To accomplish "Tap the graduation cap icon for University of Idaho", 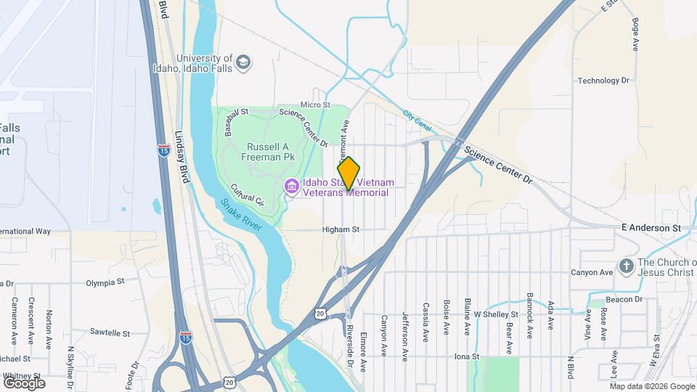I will click(x=243, y=62).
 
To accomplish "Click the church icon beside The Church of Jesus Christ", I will click(x=626, y=266).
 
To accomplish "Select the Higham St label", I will click(x=341, y=229).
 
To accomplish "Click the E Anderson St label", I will click(x=651, y=228).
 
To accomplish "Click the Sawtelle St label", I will click(x=109, y=333).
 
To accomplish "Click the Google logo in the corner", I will click(x=24, y=383).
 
